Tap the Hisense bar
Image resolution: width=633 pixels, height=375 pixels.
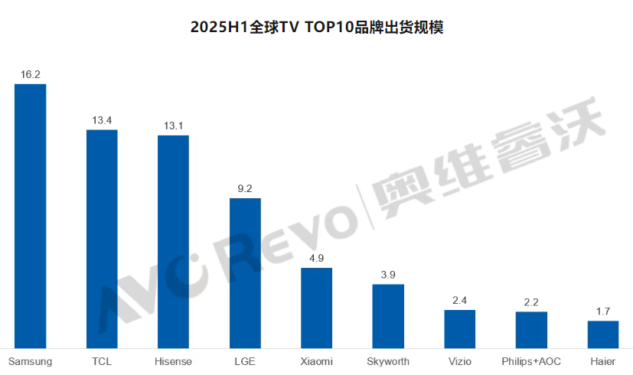click(173, 241)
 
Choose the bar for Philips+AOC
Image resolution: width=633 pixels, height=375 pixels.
click(531, 330)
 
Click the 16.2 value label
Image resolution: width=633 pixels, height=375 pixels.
click(31, 74)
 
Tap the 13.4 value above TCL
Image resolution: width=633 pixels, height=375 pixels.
click(102, 120)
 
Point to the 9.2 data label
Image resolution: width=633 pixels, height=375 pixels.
click(245, 188)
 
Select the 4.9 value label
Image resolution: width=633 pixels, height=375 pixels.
click(316, 258)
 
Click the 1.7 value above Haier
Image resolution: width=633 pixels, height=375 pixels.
click(602, 311)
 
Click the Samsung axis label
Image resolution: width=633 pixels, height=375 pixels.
click(30, 361)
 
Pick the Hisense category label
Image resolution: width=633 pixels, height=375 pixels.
click(173, 361)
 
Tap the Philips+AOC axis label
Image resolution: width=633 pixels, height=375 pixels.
click(531, 361)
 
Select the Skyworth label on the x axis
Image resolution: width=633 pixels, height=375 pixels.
click(388, 361)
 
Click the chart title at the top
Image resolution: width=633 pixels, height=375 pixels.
click(317, 28)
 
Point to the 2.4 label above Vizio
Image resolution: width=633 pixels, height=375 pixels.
click(459, 300)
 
